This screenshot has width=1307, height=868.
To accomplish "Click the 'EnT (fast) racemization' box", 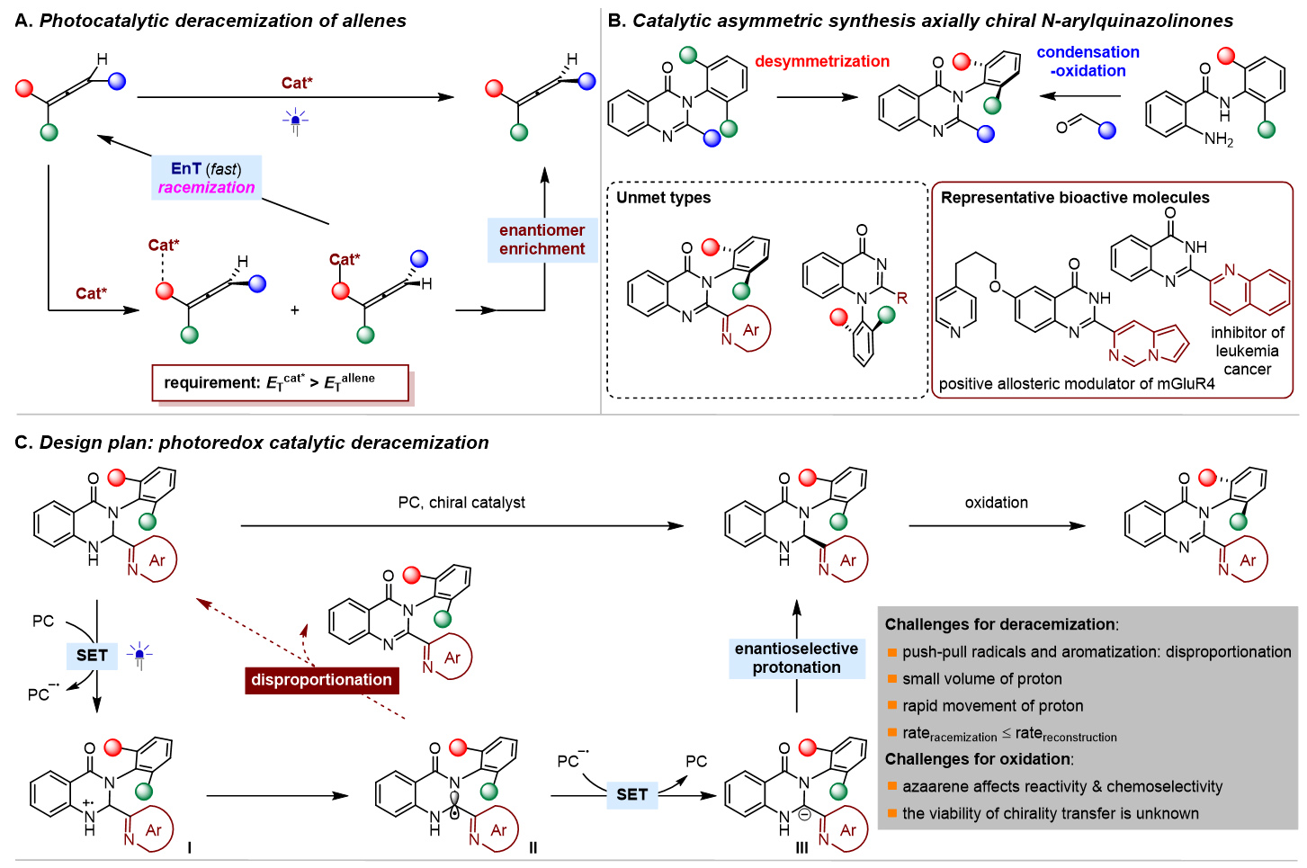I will [x=206, y=178].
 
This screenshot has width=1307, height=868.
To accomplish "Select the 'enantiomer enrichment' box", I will [x=542, y=240].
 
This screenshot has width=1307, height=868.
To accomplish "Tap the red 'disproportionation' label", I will [x=321, y=680].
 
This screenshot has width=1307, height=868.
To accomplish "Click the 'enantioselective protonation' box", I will [x=796, y=658].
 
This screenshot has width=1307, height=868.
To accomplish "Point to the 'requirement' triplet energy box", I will [x=280, y=382].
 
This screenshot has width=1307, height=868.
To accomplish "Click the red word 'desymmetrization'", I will [x=822, y=61].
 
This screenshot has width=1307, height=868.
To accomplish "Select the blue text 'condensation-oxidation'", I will [x=1088, y=61].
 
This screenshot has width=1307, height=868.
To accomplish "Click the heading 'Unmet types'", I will [x=664, y=198].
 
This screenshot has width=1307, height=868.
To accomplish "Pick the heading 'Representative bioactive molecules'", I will [x=1075, y=198].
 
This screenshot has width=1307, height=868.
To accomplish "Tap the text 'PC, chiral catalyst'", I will [x=461, y=503].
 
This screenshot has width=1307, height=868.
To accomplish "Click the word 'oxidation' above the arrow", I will [x=996, y=503].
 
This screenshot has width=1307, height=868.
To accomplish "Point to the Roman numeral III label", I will [x=801, y=847].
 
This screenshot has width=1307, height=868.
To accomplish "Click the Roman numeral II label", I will [x=533, y=847].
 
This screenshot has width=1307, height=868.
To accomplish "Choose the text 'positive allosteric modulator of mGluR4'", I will [x=1076, y=384].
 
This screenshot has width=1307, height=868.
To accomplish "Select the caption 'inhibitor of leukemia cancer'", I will [x=1247, y=351].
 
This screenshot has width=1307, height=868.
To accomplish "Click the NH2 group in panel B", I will [x=1219, y=139].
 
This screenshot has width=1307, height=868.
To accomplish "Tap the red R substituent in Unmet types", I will [x=902, y=298].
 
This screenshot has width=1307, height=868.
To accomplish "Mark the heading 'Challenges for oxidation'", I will [x=979, y=759].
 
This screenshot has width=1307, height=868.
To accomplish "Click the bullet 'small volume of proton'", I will [x=981, y=679].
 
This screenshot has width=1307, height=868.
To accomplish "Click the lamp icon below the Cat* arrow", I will [x=295, y=121].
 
